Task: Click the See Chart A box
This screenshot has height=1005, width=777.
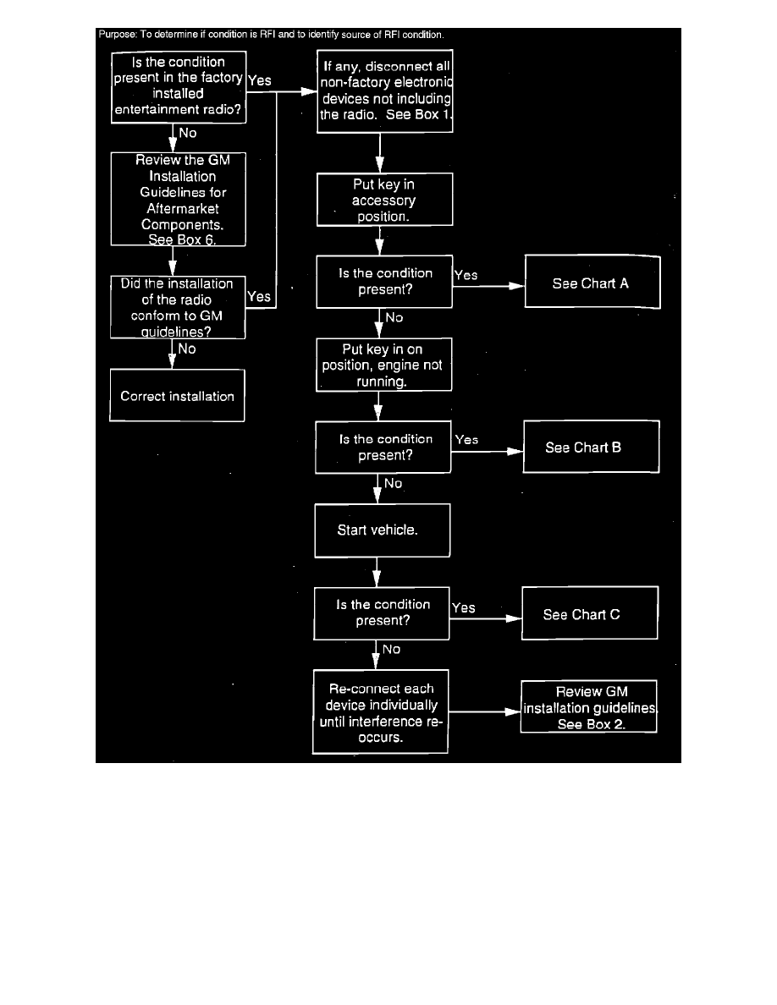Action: coord(591,283)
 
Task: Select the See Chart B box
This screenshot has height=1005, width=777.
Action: coord(590,448)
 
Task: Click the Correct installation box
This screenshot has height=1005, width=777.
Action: coord(177,396)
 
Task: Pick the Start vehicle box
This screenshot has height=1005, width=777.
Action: coord(381,530)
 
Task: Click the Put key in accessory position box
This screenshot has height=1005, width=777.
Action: coord(384,200)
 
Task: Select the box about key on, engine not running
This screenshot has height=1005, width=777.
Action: coord(383,365)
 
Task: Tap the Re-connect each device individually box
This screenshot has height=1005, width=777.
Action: coord(380,712)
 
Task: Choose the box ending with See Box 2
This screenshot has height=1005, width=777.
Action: coord(590,708)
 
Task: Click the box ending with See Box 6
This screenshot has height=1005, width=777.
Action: coord(178,200)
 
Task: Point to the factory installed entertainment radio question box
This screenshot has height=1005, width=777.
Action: coord(179,86)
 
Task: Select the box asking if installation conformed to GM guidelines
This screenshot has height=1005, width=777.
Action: coord(178,307)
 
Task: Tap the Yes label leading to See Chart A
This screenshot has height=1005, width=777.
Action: coord(466,275)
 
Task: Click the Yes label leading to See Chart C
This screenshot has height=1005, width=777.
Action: coord(463,607)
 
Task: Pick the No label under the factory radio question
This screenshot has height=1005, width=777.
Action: coord(187,133)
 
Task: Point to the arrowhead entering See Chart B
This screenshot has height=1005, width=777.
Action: coord(514,453)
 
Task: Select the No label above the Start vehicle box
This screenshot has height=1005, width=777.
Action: coord(393,483)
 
